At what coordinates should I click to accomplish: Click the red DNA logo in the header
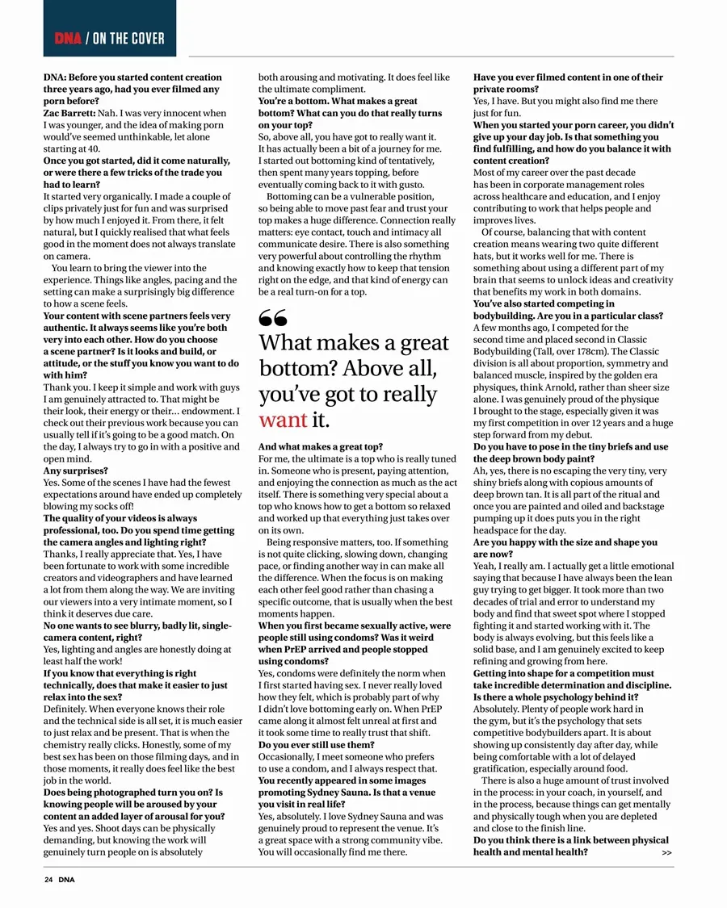point(68,38)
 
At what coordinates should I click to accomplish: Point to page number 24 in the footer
point(48,880)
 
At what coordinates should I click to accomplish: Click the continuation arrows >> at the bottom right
point(666,852)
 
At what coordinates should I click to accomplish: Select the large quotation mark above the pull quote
point(272,319)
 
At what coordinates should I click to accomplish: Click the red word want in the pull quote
point(283,420)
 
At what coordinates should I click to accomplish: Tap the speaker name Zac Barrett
point(68,114)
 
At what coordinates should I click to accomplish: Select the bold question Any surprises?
point(75,471)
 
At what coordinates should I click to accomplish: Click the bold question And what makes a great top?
point(321,446)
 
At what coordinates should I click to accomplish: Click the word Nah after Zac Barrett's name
point(108,114)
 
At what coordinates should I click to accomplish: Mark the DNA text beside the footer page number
point(66,880)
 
